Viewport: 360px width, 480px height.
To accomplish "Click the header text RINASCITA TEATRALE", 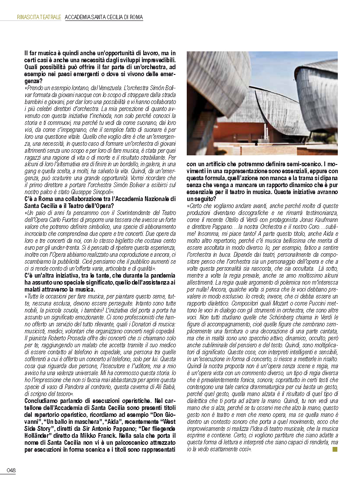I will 39,17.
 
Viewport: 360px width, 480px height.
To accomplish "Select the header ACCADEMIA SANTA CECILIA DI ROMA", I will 104,17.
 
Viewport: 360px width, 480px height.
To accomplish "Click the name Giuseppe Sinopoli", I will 93,191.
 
